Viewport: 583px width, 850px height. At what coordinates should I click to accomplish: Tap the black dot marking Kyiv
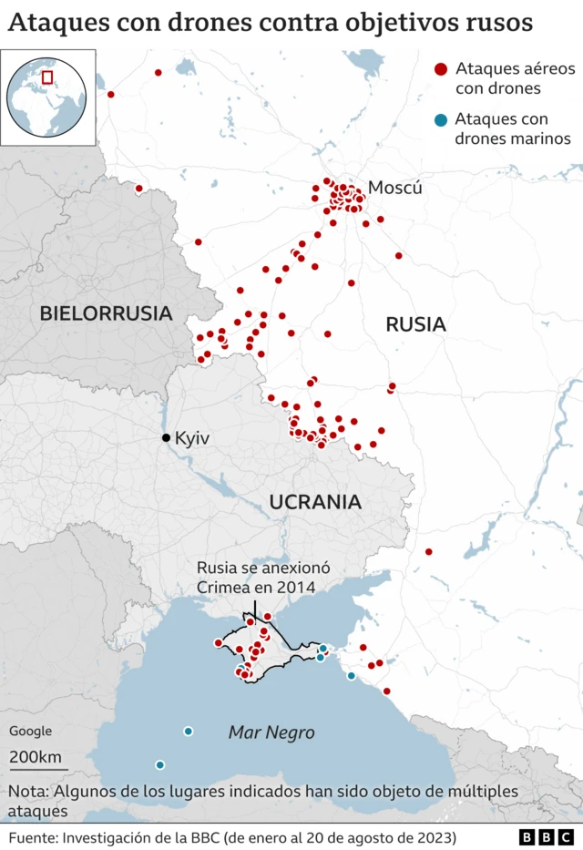click(x=166, y=438)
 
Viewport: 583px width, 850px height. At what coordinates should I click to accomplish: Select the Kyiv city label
click(x=192, y=438)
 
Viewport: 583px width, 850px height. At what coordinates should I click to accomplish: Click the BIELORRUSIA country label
click(x=106, y=313)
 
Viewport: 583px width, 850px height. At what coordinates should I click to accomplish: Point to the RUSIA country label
click(x=415, y=323)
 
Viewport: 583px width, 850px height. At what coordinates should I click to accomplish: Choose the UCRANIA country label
click(x=315, y=501)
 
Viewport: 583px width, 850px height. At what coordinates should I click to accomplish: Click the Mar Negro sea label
click(x=271, y=732)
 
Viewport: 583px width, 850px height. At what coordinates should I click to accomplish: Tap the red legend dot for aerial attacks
click(x=441, y=69)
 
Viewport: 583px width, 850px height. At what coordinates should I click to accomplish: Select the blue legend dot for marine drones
click(x=441, y=119)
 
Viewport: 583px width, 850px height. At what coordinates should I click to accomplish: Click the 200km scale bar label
click(x=36, y=757)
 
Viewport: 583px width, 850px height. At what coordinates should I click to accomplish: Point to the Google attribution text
click(x=31, y=731)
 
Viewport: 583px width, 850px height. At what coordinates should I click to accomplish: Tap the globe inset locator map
click(x=47, y=97)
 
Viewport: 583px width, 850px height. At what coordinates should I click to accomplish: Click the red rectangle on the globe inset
click(x=47, y=77)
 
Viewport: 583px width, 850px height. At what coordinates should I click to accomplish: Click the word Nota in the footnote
click(x=30, y=790)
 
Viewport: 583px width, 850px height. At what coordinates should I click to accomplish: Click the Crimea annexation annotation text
click(x=256, y=578)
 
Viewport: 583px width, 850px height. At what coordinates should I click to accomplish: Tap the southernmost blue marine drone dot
click(x=160, y=764)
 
